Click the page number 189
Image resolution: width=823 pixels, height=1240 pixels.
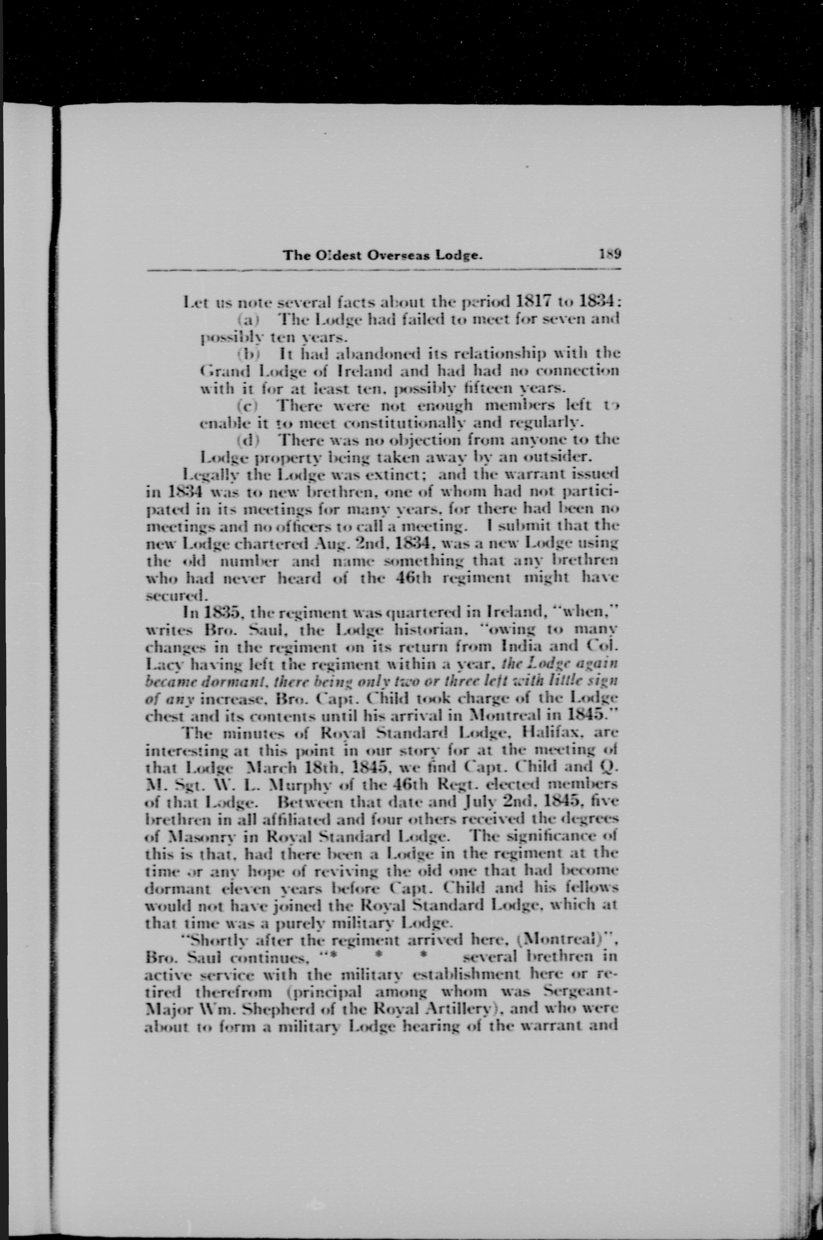click(610, 255)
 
